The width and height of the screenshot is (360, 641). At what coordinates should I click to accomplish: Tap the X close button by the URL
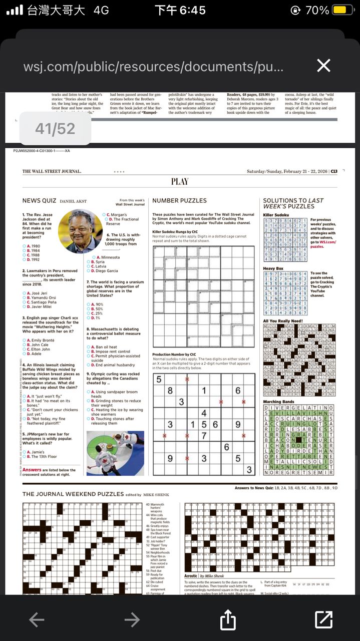point(324,66)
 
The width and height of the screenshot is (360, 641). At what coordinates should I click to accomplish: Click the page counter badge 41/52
point(55,129)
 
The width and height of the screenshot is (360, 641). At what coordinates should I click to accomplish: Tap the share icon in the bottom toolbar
point(228,619)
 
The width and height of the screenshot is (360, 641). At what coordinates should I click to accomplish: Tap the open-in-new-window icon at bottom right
point(324,619)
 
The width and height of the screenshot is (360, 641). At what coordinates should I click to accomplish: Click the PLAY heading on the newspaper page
point(180,182)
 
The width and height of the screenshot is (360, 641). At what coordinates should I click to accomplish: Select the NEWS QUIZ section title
point(39,201)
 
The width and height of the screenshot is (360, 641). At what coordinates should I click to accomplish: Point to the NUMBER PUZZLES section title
point(179,201)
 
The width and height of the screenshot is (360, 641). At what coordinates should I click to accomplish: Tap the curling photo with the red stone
point(115,453)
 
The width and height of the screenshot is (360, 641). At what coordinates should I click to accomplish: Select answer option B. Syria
point(98,261)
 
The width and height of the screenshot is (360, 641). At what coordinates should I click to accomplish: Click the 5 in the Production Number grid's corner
point(159,379)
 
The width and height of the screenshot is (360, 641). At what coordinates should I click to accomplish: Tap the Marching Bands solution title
point(279,402)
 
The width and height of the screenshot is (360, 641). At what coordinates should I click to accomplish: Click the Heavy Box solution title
point(274,269)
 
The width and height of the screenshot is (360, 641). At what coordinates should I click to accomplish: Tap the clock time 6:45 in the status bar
point(180,10)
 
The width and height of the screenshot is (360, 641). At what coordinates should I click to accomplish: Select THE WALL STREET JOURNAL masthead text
point(52,171)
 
